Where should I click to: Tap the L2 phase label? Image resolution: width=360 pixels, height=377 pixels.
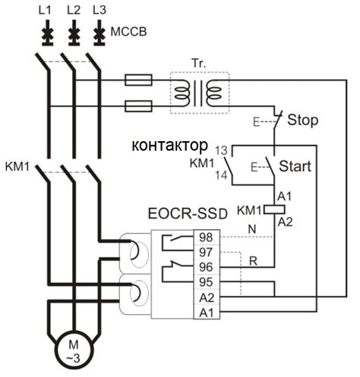click(x=73, y=11)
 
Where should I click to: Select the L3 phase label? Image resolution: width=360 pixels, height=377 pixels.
click(x=99, y=11)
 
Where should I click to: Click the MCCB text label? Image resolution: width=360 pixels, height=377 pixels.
click(x=130, y=34)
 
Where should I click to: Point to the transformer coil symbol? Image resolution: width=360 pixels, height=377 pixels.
click(x=197, y=93)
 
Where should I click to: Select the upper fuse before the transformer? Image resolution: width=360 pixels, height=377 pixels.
click(x=142, y=79)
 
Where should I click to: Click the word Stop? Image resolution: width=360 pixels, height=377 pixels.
click(x=303, y=121)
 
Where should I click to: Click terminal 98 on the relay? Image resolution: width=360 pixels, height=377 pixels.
click(x=206, y=237)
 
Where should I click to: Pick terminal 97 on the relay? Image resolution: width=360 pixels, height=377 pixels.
click(x=206, y=252)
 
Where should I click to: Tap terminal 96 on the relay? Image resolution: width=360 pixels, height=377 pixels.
click(x=206, y=267)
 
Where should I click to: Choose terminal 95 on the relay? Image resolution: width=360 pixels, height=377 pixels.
click(x=206, y=282)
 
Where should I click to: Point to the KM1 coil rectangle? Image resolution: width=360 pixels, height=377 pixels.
click(x=273, y=209)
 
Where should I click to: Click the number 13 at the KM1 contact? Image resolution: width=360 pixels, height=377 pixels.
click(x=220, y=150)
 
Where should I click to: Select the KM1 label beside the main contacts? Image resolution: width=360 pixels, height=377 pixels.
click(x=17, y=165)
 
